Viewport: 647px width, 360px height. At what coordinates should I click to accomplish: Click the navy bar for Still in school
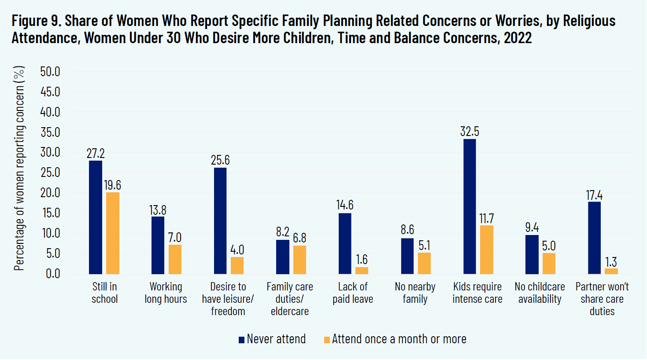[x=96, y=217]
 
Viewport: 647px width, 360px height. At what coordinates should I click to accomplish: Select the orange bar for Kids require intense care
[x=487, y=250]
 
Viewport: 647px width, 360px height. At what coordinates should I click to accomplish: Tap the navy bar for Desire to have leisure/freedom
[x=220, y=221]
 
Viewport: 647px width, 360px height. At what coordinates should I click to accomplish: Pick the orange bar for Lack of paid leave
[x=362, y=270]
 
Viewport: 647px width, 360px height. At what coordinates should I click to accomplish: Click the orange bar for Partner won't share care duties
[x=611, y=271]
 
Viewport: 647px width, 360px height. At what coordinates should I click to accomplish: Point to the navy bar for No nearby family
[x=407, y=256]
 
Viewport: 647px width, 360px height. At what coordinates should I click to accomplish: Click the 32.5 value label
[x=470, y=132]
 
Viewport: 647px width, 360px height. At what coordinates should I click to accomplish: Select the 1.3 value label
[x=611, y=262]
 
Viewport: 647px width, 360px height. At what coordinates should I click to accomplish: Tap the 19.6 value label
[x=113, y=185]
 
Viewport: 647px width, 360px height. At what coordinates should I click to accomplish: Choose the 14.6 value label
[x=345, y=205]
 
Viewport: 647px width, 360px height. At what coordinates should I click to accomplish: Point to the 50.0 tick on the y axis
[x=50, y=72]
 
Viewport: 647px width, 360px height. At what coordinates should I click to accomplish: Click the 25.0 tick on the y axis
[x=50, y=173]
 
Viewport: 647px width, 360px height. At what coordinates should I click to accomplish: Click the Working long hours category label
[x=166, y=293]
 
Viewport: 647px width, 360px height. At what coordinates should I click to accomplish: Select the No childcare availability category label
[x=540, y=293]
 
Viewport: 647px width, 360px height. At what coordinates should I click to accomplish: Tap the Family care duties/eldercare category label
[x=290, y=299]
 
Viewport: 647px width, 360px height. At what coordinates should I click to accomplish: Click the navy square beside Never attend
[x=241, y=340]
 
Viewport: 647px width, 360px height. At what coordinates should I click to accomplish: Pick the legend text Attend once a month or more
[x=399, y=339]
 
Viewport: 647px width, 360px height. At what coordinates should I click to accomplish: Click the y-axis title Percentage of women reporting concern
[x=19, y=169]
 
